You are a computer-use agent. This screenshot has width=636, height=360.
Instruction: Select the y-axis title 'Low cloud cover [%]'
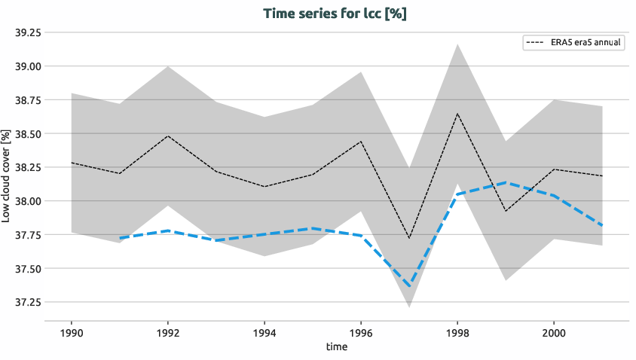pyautogui.click(x=7, y=175)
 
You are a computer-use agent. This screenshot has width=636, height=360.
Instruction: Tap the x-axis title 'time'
pyautogui.click(x=336, y=346)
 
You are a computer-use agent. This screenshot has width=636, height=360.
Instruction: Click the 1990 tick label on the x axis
pyautogui.click(x=71, y=332)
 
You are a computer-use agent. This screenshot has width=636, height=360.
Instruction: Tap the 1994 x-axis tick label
pyautogui.click(x=264, y=332)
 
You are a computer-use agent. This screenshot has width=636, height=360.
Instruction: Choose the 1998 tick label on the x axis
pyautogui.click(x=457, y=332)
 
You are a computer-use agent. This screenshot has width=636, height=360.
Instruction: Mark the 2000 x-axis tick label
pyautogui.click(x=554, y=332)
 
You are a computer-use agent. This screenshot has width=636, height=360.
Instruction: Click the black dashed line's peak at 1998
pyautogui.click(x=457, y=114)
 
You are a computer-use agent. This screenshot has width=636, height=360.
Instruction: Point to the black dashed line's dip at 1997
pyautogui.click(x=409, y=239)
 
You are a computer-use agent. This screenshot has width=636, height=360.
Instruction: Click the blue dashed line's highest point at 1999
pyautogui.click(x=506, y=182)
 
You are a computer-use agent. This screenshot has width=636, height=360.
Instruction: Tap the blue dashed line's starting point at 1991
pyautogui.click(x=120, y=238)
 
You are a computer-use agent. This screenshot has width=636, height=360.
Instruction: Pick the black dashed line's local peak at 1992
pyautogui.click(x=167, y=136)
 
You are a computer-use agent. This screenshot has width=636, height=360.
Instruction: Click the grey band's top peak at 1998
pyautogui.click(x=457, y=44)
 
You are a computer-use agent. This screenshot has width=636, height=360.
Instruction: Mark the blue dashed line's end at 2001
pyautogui.click(x=602, y=225)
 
